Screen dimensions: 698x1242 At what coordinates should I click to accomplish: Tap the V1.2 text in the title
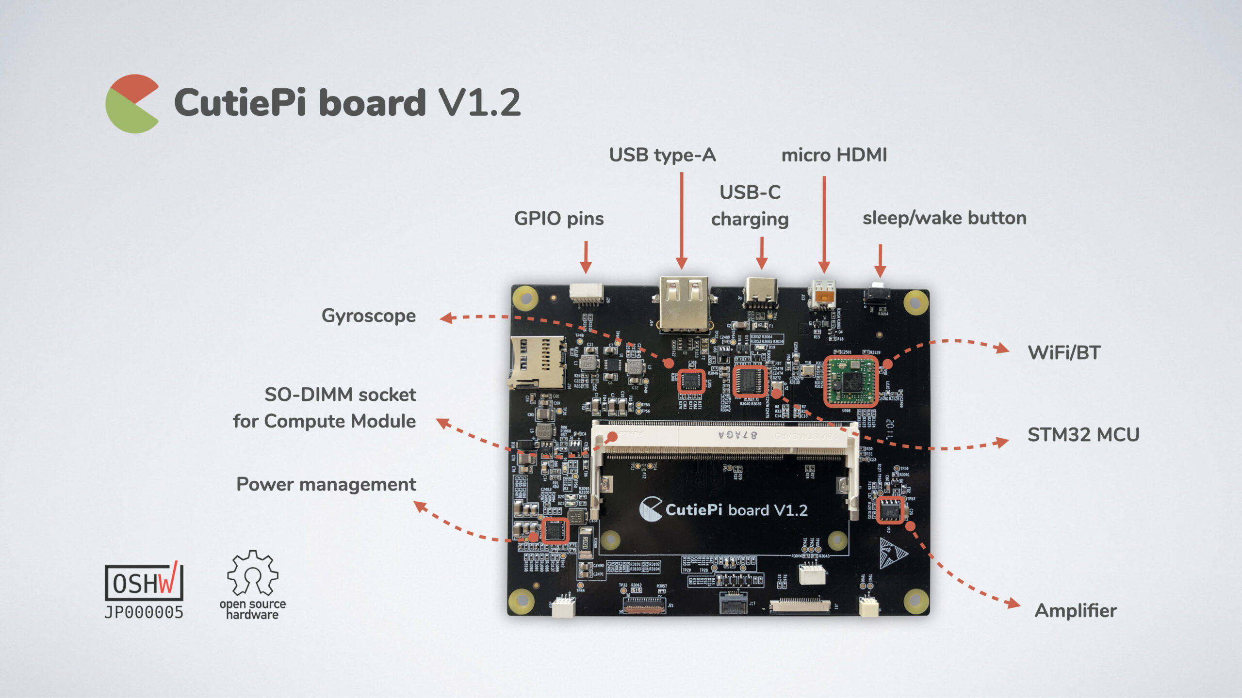479,103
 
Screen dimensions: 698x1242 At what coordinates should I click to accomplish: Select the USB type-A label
662,155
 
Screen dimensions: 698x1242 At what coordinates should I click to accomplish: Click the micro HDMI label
833,155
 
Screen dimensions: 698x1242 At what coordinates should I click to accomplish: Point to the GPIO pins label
558,219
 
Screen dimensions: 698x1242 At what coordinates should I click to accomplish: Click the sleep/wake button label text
944,218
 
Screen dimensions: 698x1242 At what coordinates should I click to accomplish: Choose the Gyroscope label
368,316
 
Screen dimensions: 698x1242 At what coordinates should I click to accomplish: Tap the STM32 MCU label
1083,435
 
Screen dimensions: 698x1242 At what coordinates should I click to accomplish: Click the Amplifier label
1075,610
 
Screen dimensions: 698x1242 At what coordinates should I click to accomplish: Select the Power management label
326,484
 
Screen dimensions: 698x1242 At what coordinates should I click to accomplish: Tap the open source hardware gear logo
252,574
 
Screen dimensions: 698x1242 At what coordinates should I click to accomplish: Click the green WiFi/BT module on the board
850,381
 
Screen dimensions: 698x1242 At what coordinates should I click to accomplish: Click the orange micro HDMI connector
824,293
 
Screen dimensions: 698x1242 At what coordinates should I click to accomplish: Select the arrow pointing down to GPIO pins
586,257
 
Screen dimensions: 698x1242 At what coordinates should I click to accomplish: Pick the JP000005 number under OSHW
144,613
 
